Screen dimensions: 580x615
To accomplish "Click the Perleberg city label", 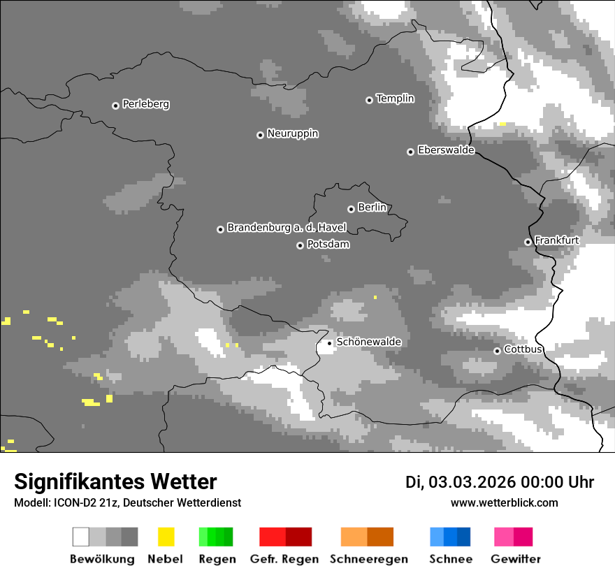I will (x=145, y=104).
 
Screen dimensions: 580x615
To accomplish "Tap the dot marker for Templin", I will (x=369, y=100).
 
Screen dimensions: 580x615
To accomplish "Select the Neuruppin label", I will (x=292, y=133).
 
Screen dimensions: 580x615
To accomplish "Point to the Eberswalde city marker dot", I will (x=410, y=152).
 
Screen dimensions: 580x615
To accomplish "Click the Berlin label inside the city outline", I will (x=372, y=208).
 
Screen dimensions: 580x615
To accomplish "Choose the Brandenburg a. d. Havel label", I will (x=287, y=228).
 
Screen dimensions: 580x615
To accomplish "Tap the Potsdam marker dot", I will (x=300, y=245).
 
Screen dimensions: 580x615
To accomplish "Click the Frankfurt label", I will (x=556, y=240).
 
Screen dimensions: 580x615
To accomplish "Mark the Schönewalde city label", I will (x=368, y=342).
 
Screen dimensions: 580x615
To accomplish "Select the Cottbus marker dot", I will (x=497, y=351).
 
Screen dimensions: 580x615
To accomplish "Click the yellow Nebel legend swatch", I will (x=166, y=537).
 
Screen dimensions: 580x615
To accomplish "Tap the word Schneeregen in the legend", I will (x=368, y=559).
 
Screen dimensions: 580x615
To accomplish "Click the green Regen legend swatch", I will (x=216, y=537).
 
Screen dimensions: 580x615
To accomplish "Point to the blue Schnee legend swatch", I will (x=450, y=537).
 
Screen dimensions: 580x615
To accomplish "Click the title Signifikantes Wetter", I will (x=115, y=482).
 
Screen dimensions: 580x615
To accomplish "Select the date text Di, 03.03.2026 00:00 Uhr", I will (x=499, y=482).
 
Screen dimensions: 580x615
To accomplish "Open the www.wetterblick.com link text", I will (x=504, y=503).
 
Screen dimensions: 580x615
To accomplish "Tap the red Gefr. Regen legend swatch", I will (x=285, y=537).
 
